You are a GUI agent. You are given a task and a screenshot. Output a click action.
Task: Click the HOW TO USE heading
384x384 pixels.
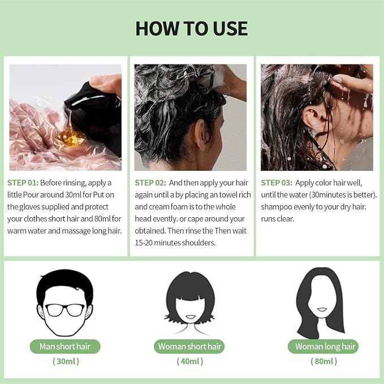[x=192, y=28]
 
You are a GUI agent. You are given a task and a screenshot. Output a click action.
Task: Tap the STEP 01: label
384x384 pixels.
[x=23, y=183]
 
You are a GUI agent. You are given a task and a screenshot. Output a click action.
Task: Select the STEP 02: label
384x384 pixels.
[x=150, y=183]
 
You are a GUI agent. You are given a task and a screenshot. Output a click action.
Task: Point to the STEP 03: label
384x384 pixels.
[x=277, y=183]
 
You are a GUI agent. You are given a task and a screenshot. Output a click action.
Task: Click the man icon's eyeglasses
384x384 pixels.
[x=65, y=310]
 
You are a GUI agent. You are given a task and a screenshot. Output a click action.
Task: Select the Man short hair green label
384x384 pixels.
[x=65, y=347]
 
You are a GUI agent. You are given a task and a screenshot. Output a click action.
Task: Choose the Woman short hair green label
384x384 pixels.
[x=189, y=347]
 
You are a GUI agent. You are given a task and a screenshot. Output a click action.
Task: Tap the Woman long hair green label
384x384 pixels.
[x=323, y=347]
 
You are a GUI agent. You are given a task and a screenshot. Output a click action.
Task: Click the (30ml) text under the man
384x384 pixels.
[x=66, y=361]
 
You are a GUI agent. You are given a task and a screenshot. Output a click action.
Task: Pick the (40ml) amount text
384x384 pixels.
[x=190, y=361]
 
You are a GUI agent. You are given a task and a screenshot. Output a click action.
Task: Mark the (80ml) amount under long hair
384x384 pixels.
[x=323, y=361]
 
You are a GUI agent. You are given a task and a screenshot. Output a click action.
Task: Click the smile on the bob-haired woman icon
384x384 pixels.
[x=191, y=317]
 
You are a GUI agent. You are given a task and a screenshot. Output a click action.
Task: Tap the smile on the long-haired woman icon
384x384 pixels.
[x=322, y=309]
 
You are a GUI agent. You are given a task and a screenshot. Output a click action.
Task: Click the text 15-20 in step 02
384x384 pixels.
[x=144, y=243]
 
